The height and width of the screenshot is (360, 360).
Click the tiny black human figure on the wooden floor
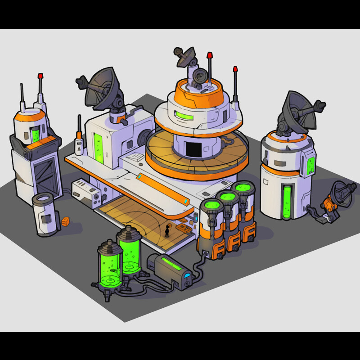(x=167, y=231)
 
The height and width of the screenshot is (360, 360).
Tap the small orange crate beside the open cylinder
(x=66, y=222)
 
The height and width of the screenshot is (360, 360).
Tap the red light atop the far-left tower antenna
(x=40, y=76)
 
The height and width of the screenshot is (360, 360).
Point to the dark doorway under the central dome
(x=194, y=148)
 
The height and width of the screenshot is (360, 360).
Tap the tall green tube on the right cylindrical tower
(x=287, y=202)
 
